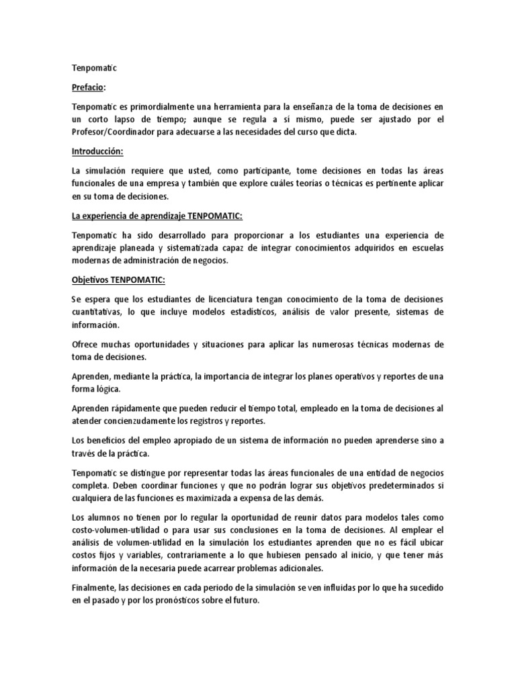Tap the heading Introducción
pos(101,152)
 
